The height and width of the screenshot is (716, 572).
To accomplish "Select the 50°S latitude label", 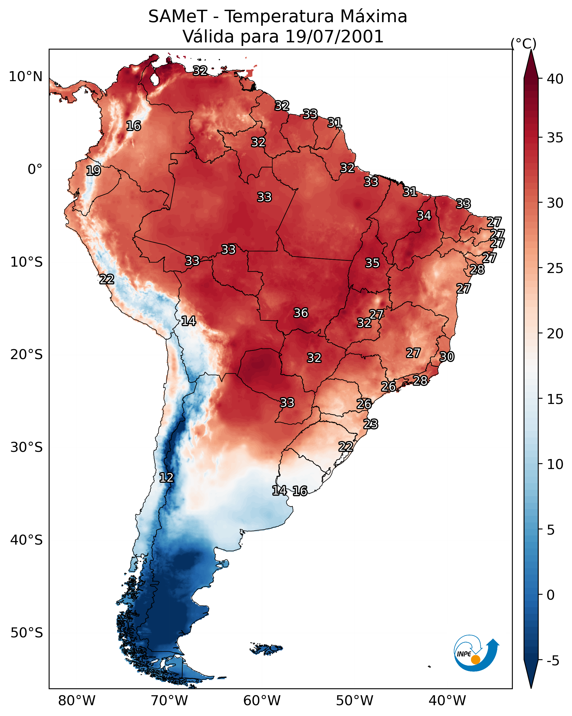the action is (27, 633).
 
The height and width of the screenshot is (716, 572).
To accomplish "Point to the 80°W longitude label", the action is (77, 701).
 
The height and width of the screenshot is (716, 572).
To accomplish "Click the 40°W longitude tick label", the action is (447, 701).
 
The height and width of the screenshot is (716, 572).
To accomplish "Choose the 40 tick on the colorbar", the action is (555, 79).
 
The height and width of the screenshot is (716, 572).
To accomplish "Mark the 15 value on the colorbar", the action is (555, 399).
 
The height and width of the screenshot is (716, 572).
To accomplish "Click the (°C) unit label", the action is (523, 43).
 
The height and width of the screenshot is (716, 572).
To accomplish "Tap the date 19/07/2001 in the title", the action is (334, 37).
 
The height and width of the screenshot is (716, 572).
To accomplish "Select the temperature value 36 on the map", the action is (301, 313).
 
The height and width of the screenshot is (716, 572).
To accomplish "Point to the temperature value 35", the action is (372, 263).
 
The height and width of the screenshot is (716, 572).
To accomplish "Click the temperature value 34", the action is (424, 215).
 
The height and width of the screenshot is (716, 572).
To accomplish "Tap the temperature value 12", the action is (166, 478).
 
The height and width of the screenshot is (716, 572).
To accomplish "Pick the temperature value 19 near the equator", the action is (93, 171).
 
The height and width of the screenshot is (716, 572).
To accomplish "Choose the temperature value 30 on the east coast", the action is (447, 357).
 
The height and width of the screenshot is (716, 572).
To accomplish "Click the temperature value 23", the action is (371, 424).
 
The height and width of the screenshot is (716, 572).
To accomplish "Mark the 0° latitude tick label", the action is (35, 169).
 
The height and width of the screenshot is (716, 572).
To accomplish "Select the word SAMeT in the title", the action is (178, 16).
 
